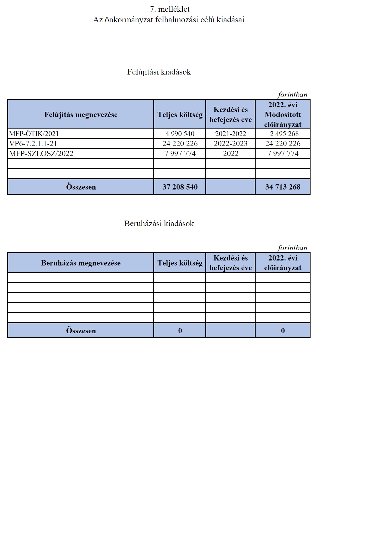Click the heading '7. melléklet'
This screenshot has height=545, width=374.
point(170,9)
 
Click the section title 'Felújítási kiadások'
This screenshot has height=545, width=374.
point(159,72)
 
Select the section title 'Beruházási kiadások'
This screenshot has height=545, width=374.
point(159,224)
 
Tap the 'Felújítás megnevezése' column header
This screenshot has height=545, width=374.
point(81,114)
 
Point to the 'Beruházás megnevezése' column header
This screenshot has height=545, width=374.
point(81,263)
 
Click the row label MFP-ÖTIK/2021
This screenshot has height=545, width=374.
point(34,134)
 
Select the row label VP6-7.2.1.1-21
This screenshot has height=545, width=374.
point(33,143)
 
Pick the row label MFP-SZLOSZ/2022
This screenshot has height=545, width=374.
point(41,153)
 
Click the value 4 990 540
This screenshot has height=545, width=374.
point(180,134)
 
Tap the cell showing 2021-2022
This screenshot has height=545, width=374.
point(231,134)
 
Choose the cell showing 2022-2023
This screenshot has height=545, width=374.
point(231,143)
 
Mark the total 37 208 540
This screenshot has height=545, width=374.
point(180,187)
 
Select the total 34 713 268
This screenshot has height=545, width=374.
point(283,187)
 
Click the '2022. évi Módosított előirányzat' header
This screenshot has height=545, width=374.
point(283,114)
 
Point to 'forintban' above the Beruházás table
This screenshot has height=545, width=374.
point(292,248)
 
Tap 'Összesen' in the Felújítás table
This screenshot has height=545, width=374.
point(81,187)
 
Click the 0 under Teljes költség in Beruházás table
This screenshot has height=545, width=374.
point(180,331)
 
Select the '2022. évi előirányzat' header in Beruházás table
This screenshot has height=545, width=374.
point(283,263)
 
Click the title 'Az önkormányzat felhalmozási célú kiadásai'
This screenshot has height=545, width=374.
point(169,20)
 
